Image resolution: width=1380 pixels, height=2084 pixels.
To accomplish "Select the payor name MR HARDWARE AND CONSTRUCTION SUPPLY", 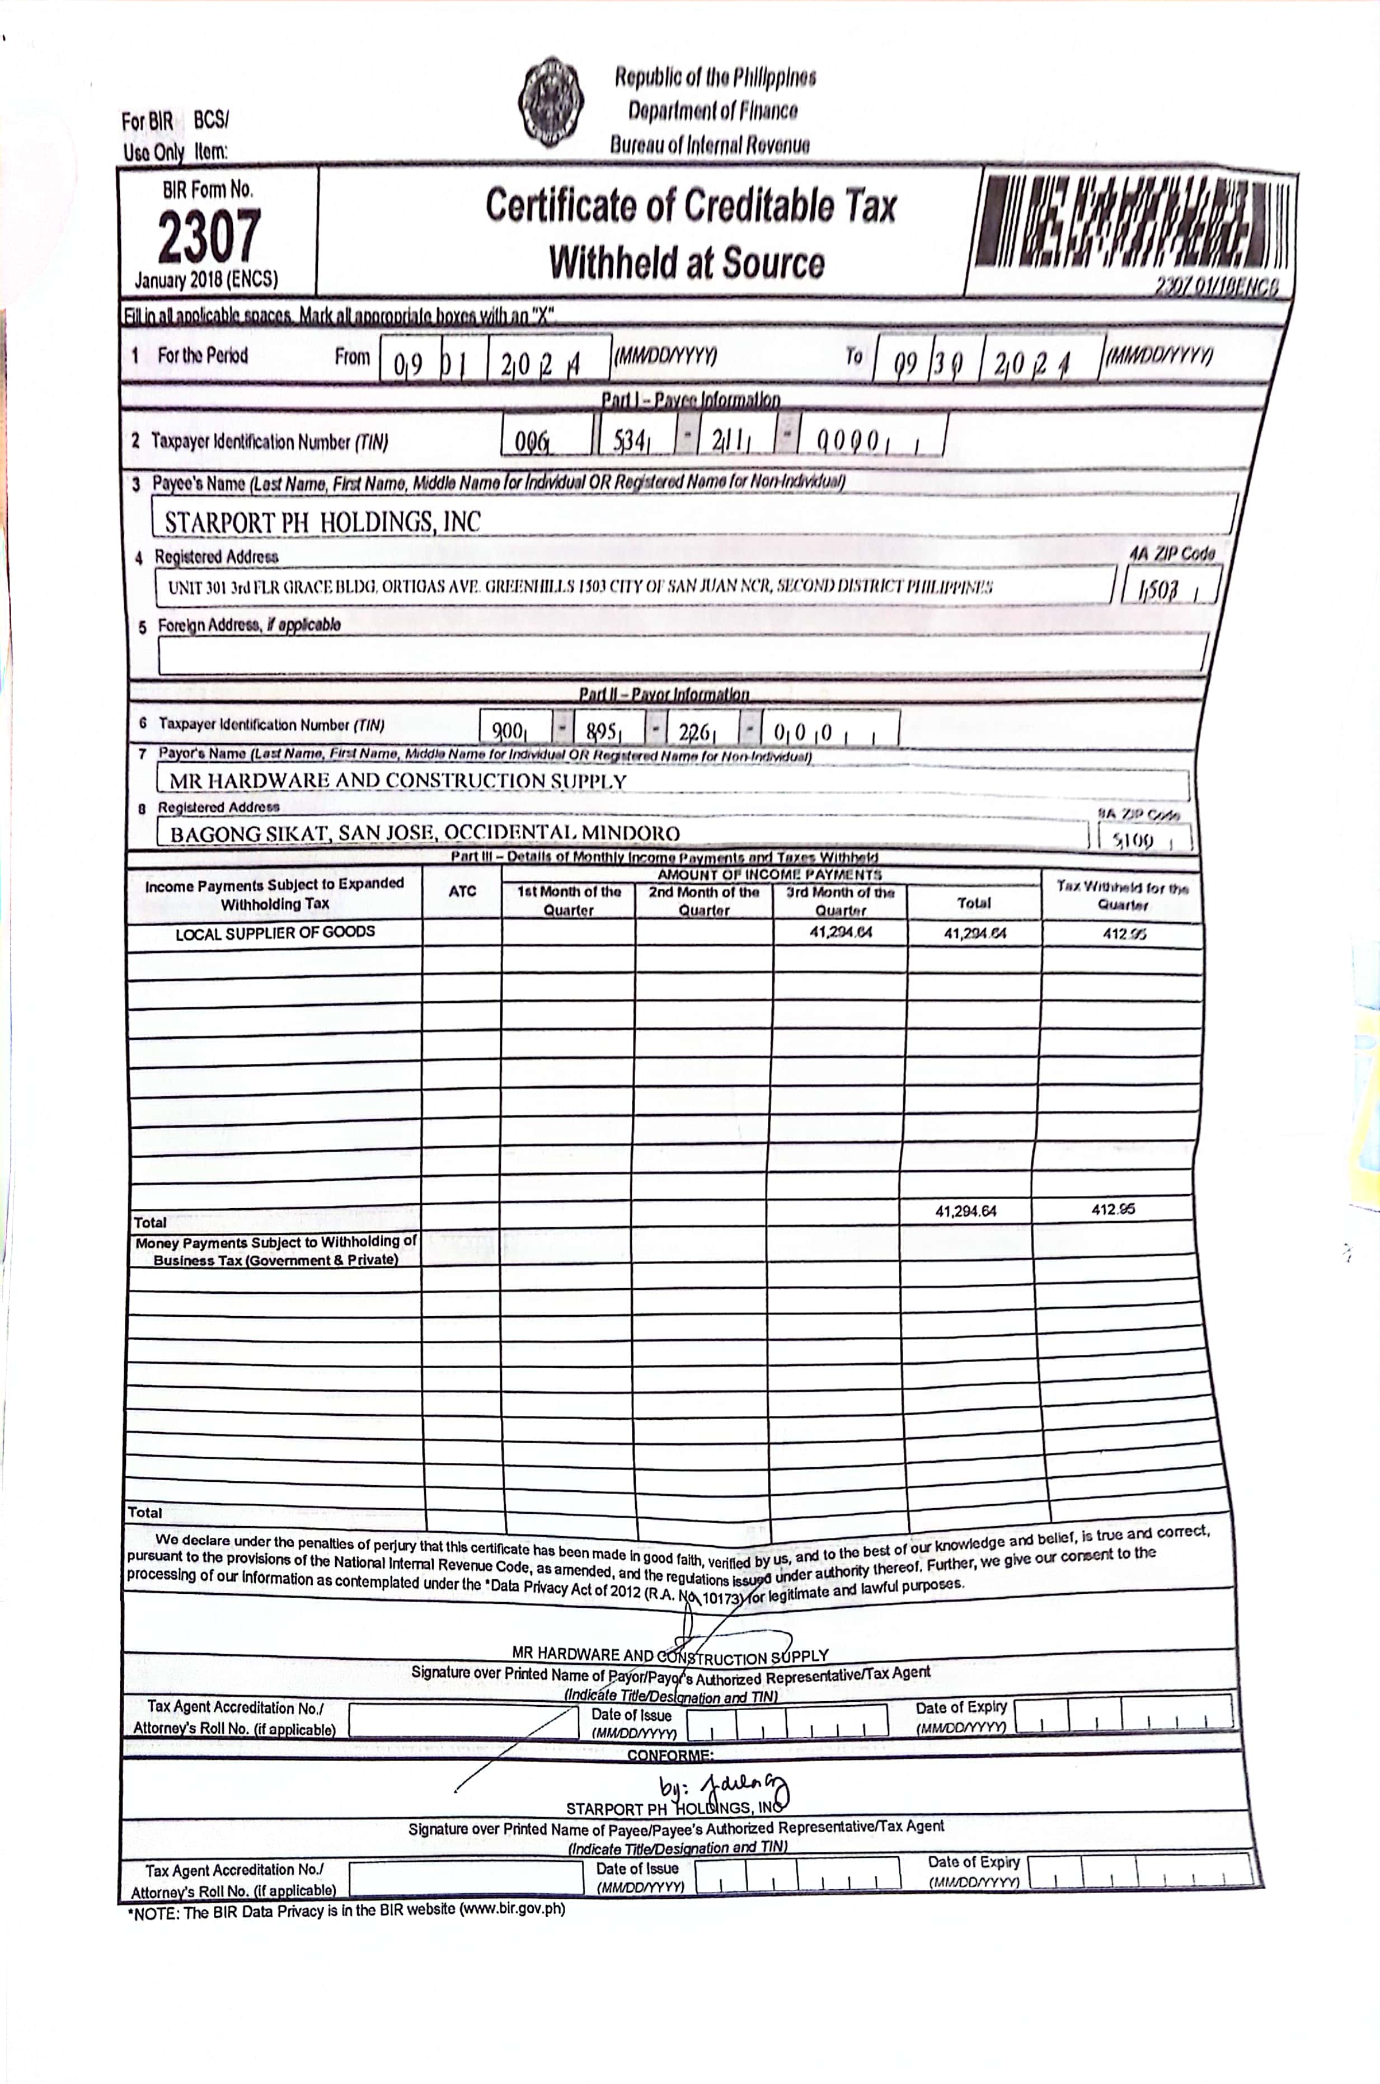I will pyautogui.click(x=398, y=781).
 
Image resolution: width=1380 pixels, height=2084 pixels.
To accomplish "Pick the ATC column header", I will pyautogui.click(x=462, y=891).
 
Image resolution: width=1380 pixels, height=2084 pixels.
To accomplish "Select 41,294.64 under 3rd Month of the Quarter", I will pyautogui.click(x=841, y=932).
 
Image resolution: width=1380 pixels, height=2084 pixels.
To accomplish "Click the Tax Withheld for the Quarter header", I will pyautogui.click(x=1122, y=895).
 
